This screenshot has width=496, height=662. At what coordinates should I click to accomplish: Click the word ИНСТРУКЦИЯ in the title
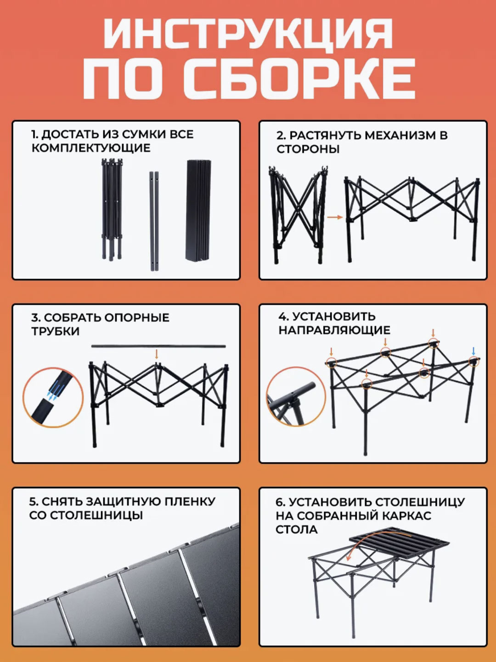coord(248,34)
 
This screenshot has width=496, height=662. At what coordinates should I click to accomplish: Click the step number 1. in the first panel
coord(35,135)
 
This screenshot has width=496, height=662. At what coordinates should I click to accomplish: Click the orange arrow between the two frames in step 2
coord(335,217)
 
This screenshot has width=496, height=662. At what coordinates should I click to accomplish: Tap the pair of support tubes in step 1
coord(154,221)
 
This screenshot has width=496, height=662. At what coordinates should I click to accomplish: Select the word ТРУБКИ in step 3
coord(56,331)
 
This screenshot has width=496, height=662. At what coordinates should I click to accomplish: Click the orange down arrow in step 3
coord(156,354)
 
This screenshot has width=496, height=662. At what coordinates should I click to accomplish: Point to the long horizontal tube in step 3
coord(158,346)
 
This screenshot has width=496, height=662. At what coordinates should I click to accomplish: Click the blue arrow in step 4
coord(473,351)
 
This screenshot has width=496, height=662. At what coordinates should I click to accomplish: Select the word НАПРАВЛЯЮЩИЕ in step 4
coord(334,330)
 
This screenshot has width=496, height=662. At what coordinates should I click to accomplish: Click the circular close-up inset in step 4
coord(296,397)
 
